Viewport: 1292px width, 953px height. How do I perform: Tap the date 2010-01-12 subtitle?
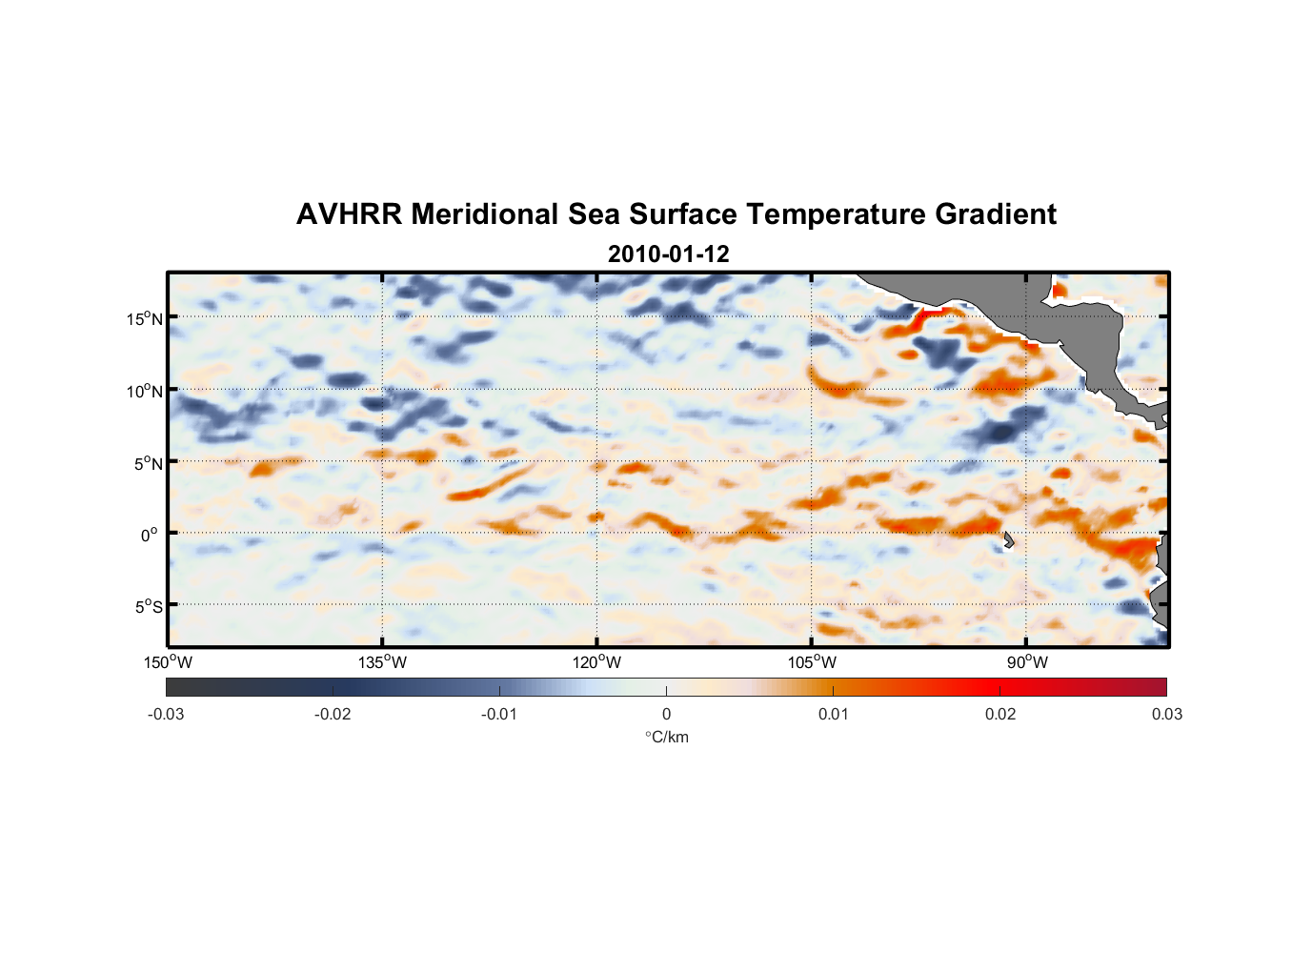click(x=668, y=254)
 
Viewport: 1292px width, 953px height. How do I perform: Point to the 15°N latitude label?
click(x=145, y=318)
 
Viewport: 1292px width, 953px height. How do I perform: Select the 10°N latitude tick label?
click(x=145, y=391)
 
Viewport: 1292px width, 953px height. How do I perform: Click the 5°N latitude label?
click(x=148, y=463)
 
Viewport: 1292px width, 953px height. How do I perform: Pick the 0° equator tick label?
click(x=150, y=535)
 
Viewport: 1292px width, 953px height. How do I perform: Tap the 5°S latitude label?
click(x=148, y=606)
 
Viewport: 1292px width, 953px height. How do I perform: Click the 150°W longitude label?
click(x=168, y=662)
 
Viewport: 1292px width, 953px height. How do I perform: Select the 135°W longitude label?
click(x=382, y=662)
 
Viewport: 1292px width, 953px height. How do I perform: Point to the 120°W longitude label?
click(x=596, y=662)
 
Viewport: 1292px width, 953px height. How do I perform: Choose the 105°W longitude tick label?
click(x=812, y=662)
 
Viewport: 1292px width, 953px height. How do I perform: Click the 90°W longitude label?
click(x=1027, y=662)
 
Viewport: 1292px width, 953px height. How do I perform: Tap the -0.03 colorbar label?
click(x=166, y=714)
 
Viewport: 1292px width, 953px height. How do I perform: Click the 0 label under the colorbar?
click(x=666, y=714)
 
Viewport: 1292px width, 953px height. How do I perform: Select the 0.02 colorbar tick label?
click(x=1000, y=714)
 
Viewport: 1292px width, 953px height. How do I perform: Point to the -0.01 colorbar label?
click(x=499, y=714)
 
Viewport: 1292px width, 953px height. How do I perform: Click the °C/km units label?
click(x=667, y=737)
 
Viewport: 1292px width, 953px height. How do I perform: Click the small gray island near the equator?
click(x=1008, y=540)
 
